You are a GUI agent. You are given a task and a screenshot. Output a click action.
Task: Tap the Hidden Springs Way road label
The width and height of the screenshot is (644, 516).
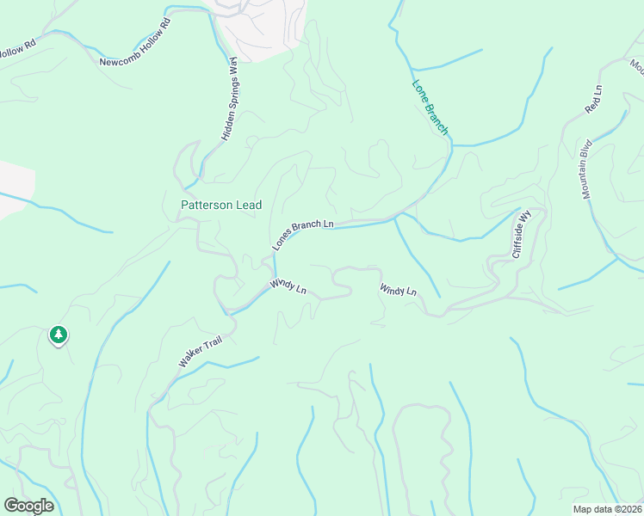[229, 99]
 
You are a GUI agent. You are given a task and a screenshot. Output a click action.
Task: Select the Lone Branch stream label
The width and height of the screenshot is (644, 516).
[430, 107]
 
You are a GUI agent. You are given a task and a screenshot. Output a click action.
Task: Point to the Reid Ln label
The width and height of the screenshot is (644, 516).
[593, 100]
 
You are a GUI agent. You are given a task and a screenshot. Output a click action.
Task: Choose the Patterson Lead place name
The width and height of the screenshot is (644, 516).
[221, 206]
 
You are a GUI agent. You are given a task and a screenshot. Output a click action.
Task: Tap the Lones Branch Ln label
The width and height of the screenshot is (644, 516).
[303, 233]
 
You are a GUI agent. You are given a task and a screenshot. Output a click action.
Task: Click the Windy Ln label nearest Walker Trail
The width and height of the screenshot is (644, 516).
[288, 286]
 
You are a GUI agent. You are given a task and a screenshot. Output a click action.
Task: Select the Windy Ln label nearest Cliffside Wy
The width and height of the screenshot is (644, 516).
[399, 292]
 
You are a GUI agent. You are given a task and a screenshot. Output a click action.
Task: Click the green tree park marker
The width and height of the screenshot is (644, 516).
[58, 334]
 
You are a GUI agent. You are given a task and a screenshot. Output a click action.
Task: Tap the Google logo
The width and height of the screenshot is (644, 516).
[28, 506]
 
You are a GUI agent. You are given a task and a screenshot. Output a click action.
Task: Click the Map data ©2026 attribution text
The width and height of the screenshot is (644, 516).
[608, 509]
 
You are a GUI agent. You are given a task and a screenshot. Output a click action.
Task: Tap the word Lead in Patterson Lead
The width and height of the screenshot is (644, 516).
[249, 206]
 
